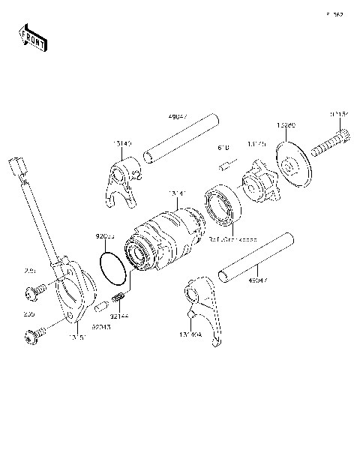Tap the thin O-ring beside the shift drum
(x=113, y=266)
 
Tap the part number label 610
(x=223, y=149)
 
